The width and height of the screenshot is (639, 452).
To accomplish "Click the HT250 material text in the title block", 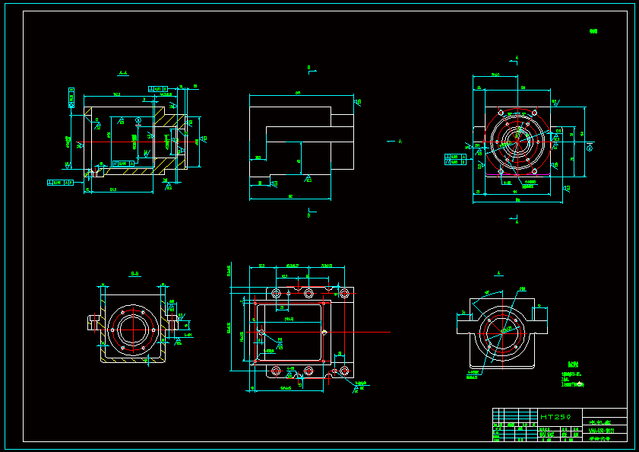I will pyautogui.click(x=555, y=417).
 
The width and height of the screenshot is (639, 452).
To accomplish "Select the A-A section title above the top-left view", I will pyautogui.click(x=123, y=74).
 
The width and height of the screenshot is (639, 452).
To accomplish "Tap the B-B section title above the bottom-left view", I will pyautogui.click(x=134, y=272).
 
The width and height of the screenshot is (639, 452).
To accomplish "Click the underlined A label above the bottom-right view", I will pyautogui.click(x=499, y=272).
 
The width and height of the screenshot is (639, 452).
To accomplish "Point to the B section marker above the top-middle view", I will pyautogui.click(x=309, y=68).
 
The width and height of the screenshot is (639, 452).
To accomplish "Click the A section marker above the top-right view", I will pyautogui.click(x=517, y=58).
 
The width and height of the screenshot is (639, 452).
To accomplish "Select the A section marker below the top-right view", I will pyautogui.click(x=517, y=222).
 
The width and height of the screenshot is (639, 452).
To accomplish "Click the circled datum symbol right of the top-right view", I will pyautogui.click(x=590, y=148).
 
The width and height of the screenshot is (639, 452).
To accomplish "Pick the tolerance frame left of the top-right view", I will pyautogui.click(x=455, y=159).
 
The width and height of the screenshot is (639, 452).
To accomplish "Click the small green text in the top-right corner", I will pyautogui.click(x=593, y=31).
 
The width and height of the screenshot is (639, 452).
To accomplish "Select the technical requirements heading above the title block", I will pyautogui.click(x=573, y=364).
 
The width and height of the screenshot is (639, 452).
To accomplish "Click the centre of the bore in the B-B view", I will pyautogui.click(x=134, y=330).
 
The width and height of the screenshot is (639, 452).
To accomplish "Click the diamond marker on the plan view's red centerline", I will pyautogui.click(x=324, y=333).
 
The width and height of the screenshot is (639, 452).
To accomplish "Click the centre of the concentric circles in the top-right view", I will pyautogui.click(x=517, y=140).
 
